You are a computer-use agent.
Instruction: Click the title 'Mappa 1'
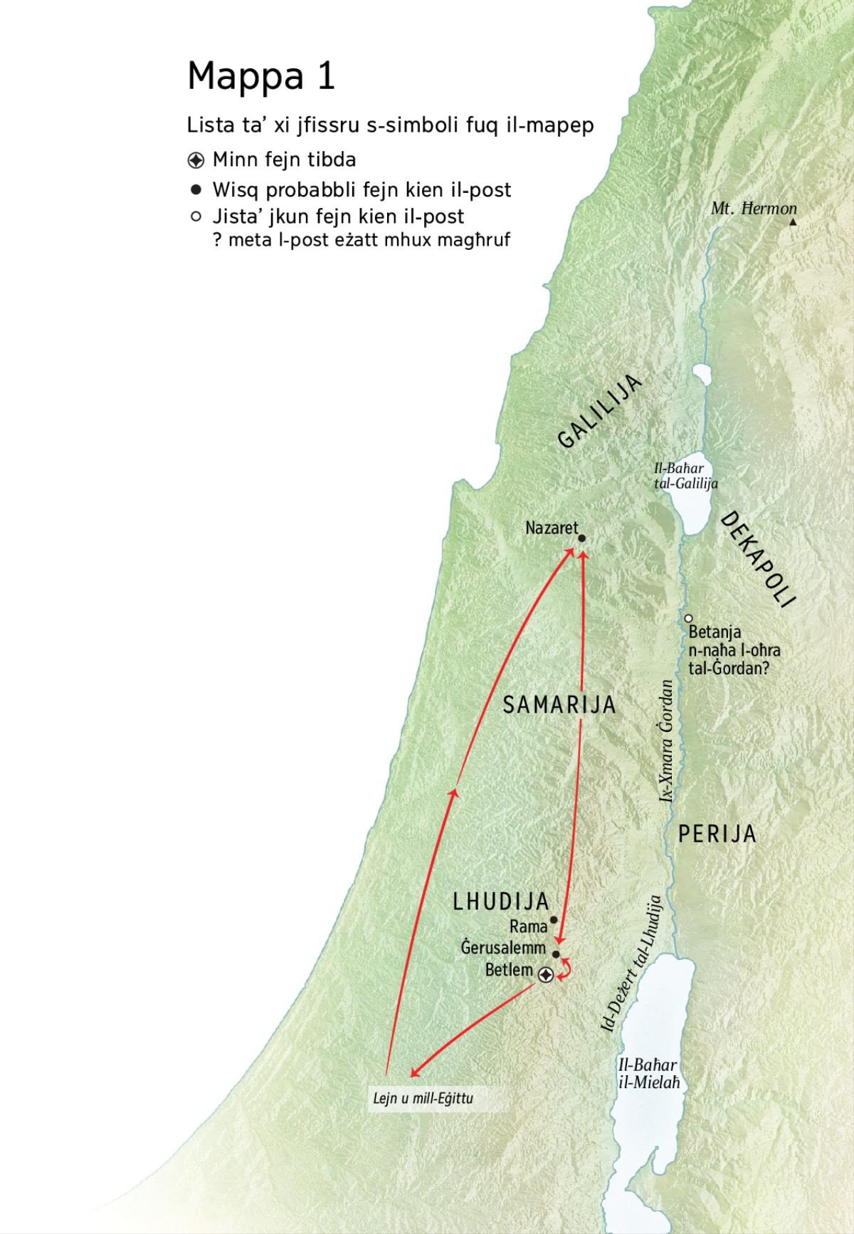point(260,76)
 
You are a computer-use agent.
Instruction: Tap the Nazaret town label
point(552,528)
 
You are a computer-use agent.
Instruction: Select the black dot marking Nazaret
point(581,539)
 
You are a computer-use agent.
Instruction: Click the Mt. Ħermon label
point(754,209)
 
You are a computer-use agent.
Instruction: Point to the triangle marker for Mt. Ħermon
point(794,222)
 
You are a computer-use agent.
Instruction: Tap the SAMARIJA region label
point(559,705)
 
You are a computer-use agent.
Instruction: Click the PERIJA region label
point(717,834)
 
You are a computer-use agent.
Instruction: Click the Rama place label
point(528,926)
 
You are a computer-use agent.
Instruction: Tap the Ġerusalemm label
point(503,948)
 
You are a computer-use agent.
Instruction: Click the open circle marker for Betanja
point(689,618)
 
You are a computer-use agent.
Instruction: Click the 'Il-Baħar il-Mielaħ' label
point(648,1074)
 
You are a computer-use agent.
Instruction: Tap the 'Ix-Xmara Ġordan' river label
point(667,741)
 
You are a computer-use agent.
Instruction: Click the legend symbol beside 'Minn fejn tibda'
point(196,159)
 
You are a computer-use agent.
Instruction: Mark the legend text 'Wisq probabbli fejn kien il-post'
point(362,189)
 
